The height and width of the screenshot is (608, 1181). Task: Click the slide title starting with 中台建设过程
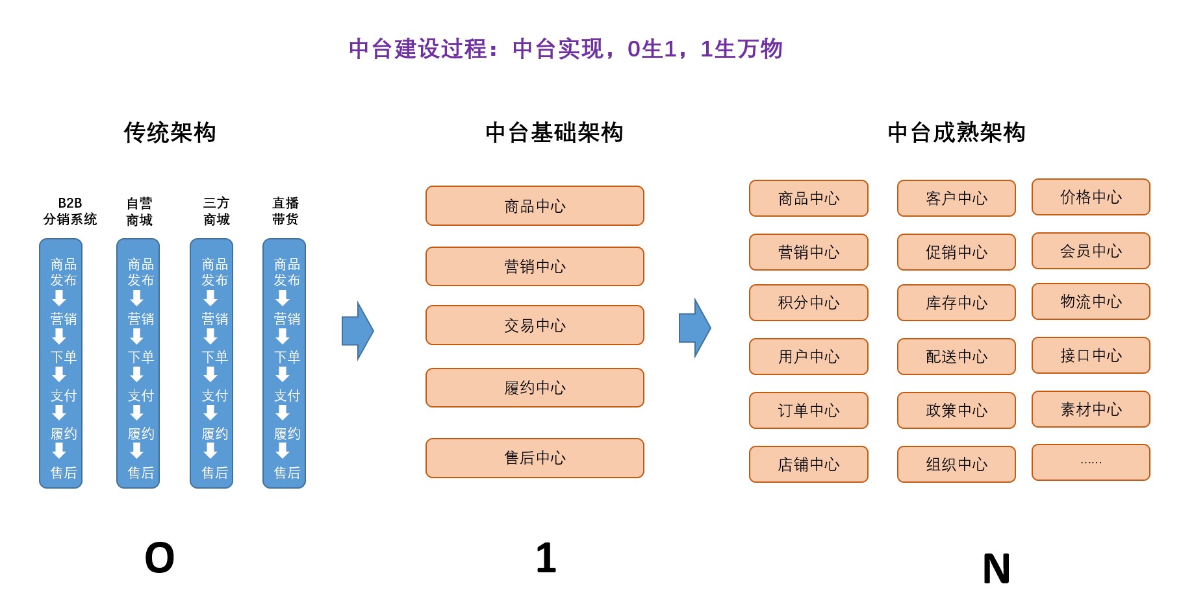click(x=565, y=49)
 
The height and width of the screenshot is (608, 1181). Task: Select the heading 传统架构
click(x=170, y=132)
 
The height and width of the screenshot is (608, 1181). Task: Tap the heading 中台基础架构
click(x=554, y=132)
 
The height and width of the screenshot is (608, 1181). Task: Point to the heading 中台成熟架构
click(x=956, y=132)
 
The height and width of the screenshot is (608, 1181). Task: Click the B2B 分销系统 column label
click(x=70, y=211)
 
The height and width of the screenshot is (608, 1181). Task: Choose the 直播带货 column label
click(x=285, y=211)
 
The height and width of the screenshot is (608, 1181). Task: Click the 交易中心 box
click(x=535, y=325)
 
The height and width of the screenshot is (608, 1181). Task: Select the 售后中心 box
click(x=535, y=458)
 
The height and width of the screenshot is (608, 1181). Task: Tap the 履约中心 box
click(x=535, y=388)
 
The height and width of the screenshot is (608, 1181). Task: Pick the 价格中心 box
click(x=1091, y=197)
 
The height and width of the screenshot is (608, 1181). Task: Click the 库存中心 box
click(x=956, y=303)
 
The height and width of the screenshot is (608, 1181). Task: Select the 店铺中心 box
click(x=808, y=465)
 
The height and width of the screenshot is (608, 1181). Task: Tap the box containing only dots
click(x=1091, y=463)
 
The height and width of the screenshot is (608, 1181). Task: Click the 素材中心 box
click(x=1091, y=409)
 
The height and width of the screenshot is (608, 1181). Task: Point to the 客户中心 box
click(x=956, y=199)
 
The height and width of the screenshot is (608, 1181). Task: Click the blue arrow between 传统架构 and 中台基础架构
click(x=357, y=330)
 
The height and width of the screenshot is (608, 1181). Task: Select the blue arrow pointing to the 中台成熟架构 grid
click(x=694, y=328)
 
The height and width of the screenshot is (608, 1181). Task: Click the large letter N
click(x=996, y=569)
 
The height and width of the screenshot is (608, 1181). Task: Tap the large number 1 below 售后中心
click(x=546, y=558)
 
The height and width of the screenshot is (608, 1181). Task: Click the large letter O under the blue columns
click(x=159, y=558)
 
